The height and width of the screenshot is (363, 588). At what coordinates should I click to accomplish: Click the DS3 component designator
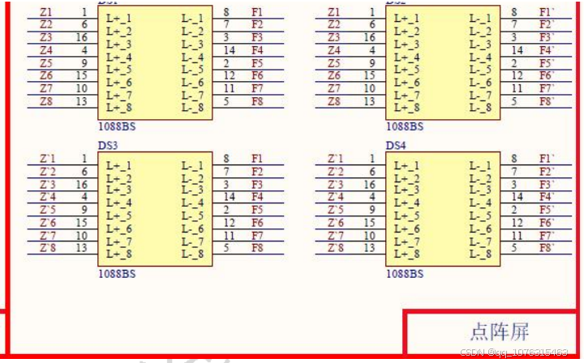click(x=108, y=146)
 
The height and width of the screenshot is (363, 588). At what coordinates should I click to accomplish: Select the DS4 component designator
click(x=395, y=146)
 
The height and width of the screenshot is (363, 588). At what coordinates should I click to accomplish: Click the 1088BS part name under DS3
click(x=117, y=274)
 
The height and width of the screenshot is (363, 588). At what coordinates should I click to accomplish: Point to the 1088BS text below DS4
click(x=404, y=274)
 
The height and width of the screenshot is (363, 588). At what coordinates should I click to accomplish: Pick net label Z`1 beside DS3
click(x=48, y=159)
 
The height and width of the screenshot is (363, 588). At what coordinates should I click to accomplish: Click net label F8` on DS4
click(x=547, y=248)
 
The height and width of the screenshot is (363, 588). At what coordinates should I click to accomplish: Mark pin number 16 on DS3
click(x=81, y=184)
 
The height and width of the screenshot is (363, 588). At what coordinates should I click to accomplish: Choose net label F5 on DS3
click(x=257, y=210)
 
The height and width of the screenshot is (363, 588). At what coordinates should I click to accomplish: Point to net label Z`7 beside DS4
click(x=335, y=235)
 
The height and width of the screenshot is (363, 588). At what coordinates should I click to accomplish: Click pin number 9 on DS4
click(x=371, y=210)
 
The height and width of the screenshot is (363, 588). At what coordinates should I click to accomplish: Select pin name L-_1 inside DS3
click(x=193, y=165)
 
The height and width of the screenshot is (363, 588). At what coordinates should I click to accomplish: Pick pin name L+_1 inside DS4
click(x=406, y=165)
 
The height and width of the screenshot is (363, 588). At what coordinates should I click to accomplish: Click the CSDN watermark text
click(x=513, y=352)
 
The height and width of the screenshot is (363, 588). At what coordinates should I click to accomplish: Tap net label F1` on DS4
click(x=547, y=159)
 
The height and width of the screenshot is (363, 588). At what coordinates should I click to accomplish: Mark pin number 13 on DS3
click(x=81, y=248)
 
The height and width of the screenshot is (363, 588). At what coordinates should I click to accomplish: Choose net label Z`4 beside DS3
click(x=48, y=197)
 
